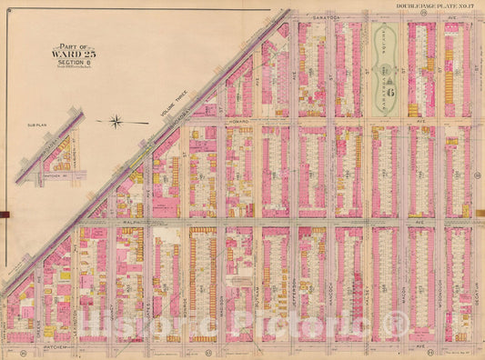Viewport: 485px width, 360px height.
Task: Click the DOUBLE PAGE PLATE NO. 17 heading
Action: [436, 6]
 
